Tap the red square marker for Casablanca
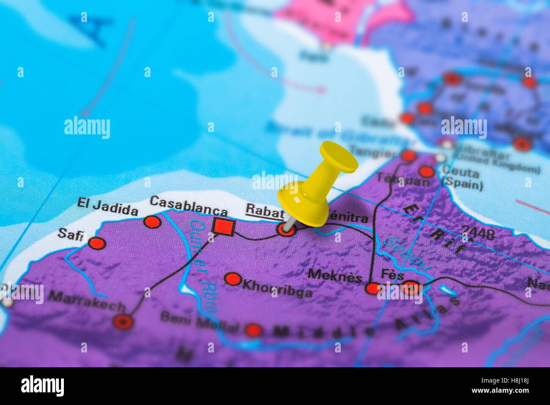click(x=223, y=226)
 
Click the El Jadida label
click(x=107, y=207)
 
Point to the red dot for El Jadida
click(x=152, y=222)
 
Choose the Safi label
click(x=71, y=234)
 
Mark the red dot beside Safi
click(x=96, y=243)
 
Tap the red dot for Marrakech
click(x=123, y=322)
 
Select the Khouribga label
click(x=277, y=288)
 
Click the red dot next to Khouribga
click(x=232, y=279)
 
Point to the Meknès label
click(x=335, y=276)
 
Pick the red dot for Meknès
click(x=373, y=288)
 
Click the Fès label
click(x=392, y=275)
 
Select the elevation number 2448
click(x=478, y=232)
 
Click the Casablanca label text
click(x=188, y=205)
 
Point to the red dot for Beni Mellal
click(x=253, y=330)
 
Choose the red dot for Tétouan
click(x=426, y=172)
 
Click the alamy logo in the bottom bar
click(x=42, y=386)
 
